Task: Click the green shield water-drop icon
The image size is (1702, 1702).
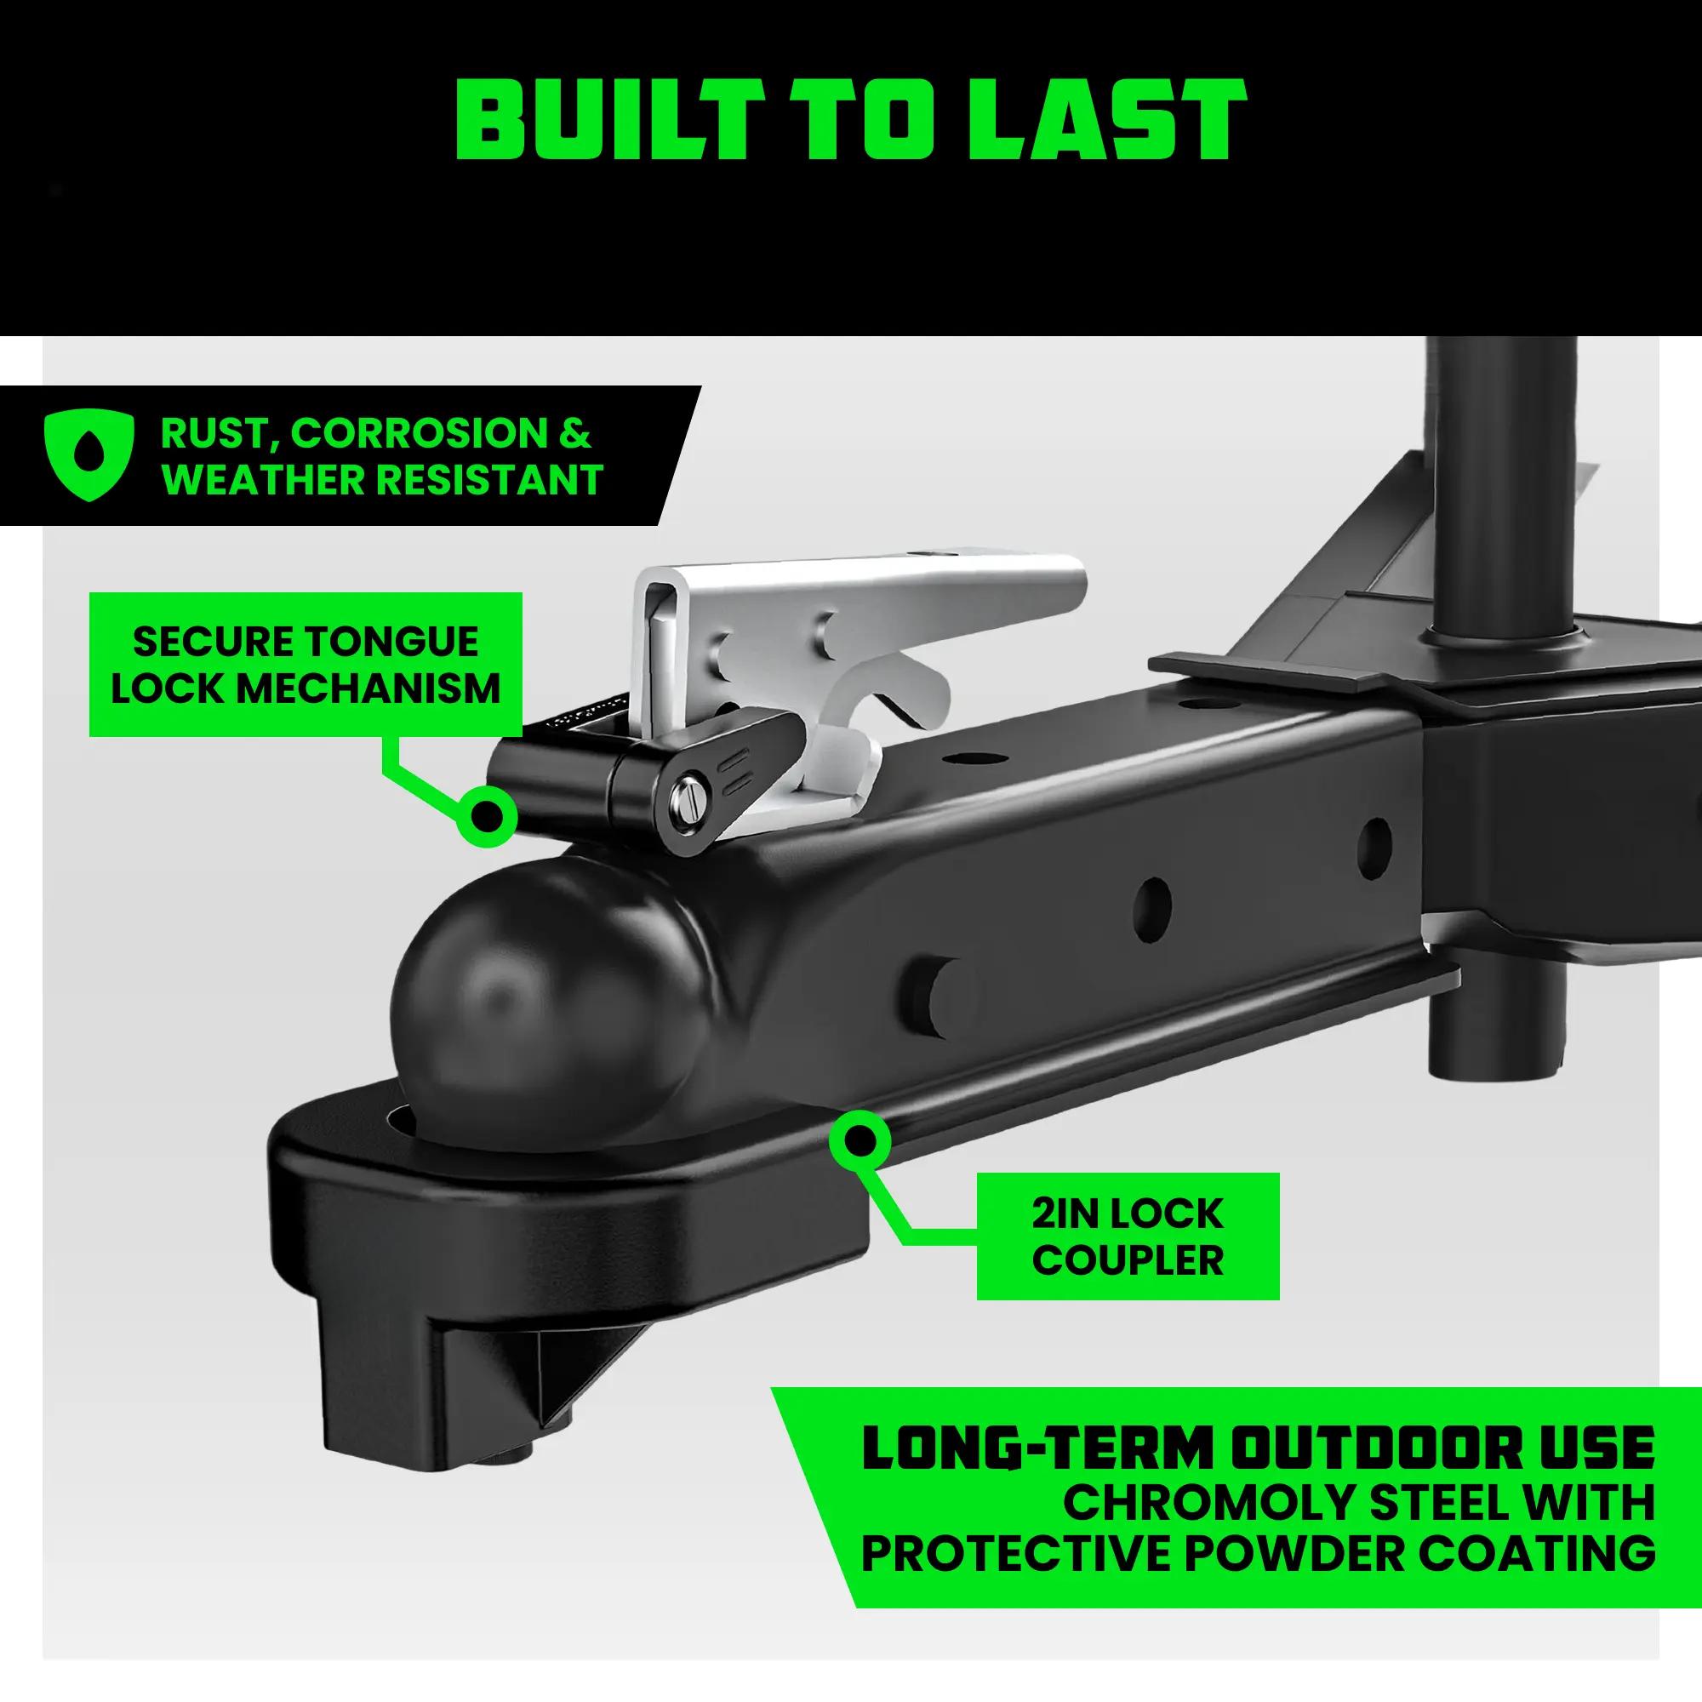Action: (89, 456)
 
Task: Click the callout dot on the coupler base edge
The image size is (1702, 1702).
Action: (860, 1142)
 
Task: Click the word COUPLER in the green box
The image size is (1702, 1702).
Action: (1128, 1260)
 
